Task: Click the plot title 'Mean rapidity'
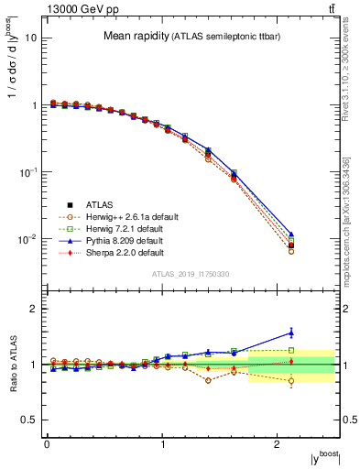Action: (136, 37)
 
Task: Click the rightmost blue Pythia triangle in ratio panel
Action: (291, 333)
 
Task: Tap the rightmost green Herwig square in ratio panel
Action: (291, 350)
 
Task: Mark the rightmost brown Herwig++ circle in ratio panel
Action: (291, 381)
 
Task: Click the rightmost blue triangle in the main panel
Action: (291, 234)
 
